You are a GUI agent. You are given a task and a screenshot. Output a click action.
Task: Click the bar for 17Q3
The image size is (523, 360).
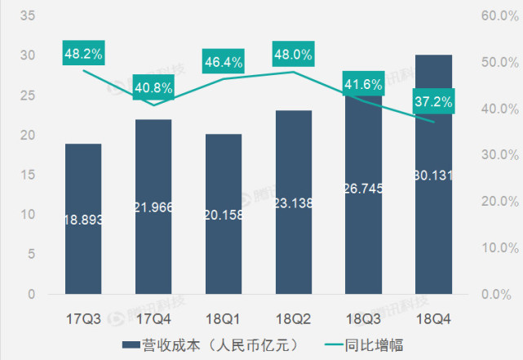83,219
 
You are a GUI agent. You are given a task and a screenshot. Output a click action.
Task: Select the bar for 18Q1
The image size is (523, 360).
224,214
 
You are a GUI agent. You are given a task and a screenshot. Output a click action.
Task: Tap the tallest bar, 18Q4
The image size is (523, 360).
434,174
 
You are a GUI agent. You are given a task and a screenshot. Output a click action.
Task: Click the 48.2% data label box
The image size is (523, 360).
83,54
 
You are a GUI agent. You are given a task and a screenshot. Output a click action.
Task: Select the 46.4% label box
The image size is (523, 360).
224,61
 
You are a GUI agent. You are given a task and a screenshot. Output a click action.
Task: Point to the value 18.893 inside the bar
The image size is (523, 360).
83,220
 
